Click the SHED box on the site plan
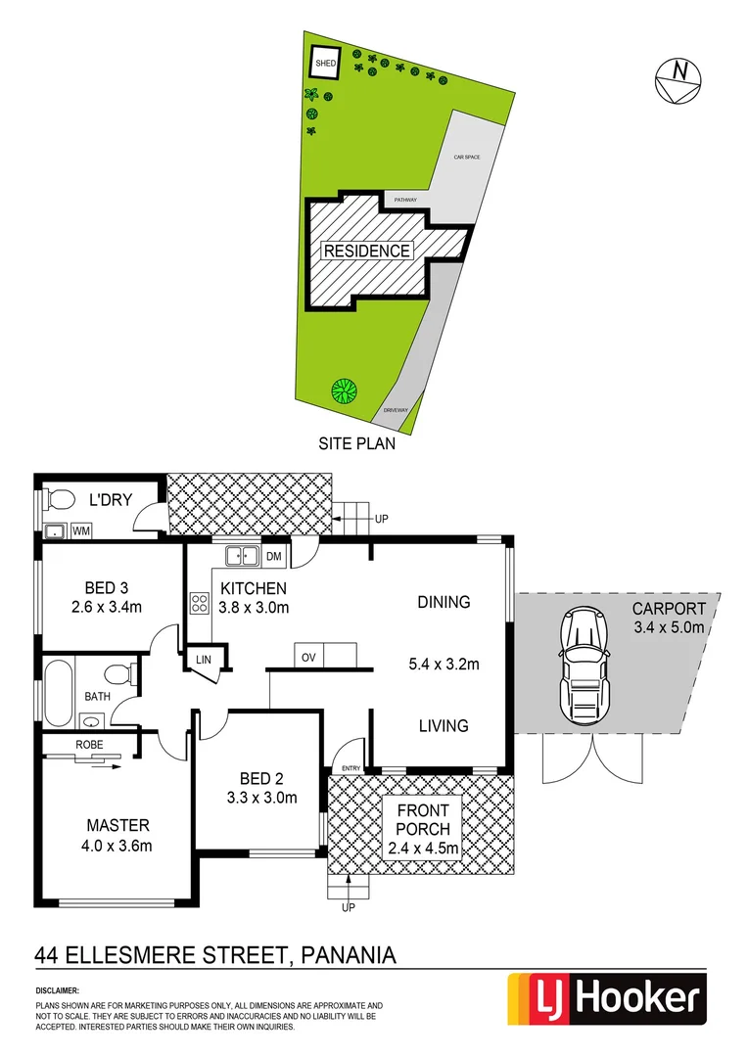pos(324,63)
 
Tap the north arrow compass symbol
pos(678,77)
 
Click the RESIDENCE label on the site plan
pos(367,251)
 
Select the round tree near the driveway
pos(343,392)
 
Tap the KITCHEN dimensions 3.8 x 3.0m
pos(254,607)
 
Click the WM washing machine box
pos(80,530)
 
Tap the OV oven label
pos(307,656)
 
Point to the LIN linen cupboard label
pos(204,660)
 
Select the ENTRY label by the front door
pos(348,767)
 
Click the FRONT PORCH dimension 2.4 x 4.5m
pos(423,849)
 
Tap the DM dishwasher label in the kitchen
pos(274,557)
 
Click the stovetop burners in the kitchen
pos(199,602)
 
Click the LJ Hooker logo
pos(605,999)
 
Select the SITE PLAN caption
pos(356,443)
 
